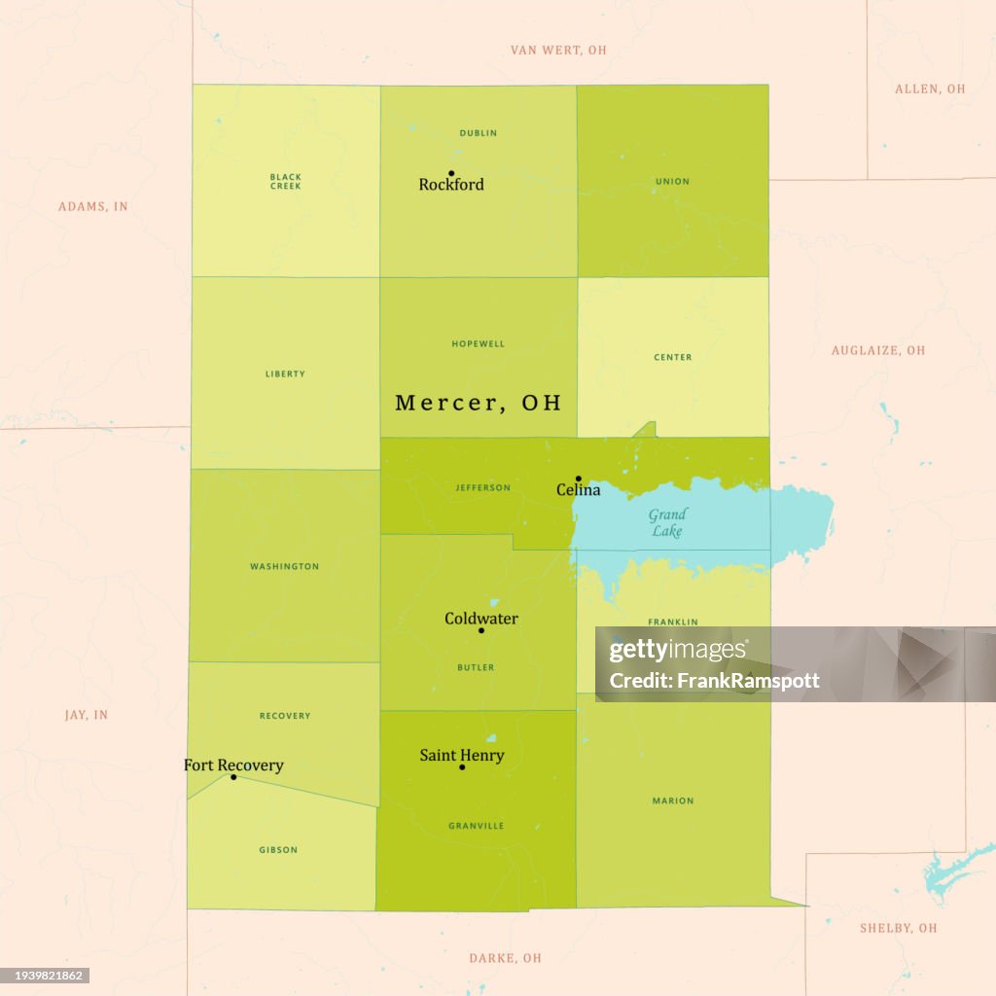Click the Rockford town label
coord(451,185)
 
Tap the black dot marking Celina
coord(578,479)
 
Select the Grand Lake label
coord(667,522)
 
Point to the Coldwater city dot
coord(481,630)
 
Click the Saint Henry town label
coord(462,755)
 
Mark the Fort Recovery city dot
coord(233,777)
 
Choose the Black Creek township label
coord(286,181)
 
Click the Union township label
coord(672,182)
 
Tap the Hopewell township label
coord(478,344)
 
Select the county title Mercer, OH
coord(479,403)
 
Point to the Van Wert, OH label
coord(558,50)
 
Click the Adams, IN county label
coord(93,206)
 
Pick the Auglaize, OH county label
coord(878,350)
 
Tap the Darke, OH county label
coord(505,958)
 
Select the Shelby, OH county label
coord(899,928)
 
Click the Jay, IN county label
coord(87,715)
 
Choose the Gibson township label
coord(278,850)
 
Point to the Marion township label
coord(673,801)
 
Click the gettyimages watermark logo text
coord(678,651)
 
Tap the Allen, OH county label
coord(930,89)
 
